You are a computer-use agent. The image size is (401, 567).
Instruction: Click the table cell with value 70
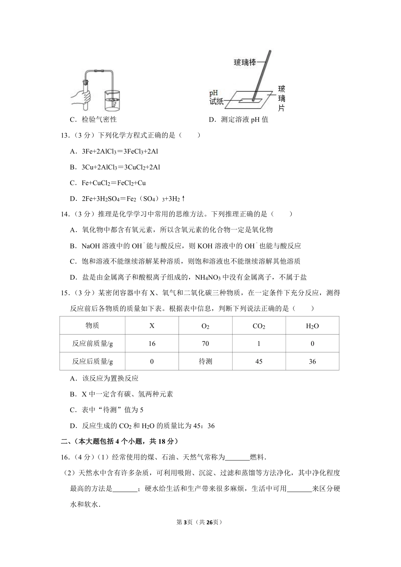pos(205,343)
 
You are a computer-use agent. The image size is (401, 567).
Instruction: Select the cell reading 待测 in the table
pos(205,362)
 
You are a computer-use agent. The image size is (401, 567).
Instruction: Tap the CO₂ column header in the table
pos(259,326)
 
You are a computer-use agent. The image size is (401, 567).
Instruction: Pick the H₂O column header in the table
pos(312,326)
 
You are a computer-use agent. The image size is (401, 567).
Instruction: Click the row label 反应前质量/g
pos(92,343)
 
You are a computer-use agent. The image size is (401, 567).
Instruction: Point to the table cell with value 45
pos(259,362)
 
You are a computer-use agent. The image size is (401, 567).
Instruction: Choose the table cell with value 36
pos(312,362)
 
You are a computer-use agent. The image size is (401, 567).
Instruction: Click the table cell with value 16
pos(152,343)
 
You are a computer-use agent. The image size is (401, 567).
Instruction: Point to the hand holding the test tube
pos(82,97)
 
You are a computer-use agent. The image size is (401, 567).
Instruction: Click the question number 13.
pos(65,135)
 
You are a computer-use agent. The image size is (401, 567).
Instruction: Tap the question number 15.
pos(65,292)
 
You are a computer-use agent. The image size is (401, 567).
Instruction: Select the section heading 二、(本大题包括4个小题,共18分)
pos(119,441)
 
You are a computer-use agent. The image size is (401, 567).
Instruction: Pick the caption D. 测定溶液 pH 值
pos(238,120)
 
